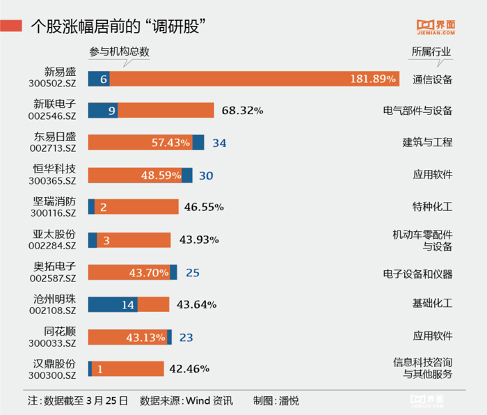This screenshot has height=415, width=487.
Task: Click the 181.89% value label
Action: (372, 79)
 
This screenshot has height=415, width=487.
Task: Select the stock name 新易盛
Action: (59, 71)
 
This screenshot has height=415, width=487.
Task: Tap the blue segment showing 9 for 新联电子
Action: (102, 110)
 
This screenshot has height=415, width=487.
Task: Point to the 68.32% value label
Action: (242, 110)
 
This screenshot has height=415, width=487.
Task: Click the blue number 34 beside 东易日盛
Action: (219, 143)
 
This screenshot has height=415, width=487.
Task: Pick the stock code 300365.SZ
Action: (53, 181)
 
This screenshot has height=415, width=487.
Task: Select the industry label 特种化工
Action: (432, 207)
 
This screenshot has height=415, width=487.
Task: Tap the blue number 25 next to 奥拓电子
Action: (192, 272)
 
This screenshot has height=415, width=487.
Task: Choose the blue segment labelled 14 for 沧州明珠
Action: (113, 304)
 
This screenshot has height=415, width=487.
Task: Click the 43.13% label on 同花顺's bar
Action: (146, 337)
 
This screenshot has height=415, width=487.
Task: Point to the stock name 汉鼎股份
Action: (54, 363)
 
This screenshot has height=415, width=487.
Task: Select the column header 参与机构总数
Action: (120, 52)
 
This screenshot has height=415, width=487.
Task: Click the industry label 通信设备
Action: (432, 79)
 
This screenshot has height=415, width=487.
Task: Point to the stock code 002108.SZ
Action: (53, 311)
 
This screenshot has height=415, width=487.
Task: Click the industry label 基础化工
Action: (432, 304)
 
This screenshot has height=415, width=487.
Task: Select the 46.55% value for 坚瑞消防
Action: (204, 207)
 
